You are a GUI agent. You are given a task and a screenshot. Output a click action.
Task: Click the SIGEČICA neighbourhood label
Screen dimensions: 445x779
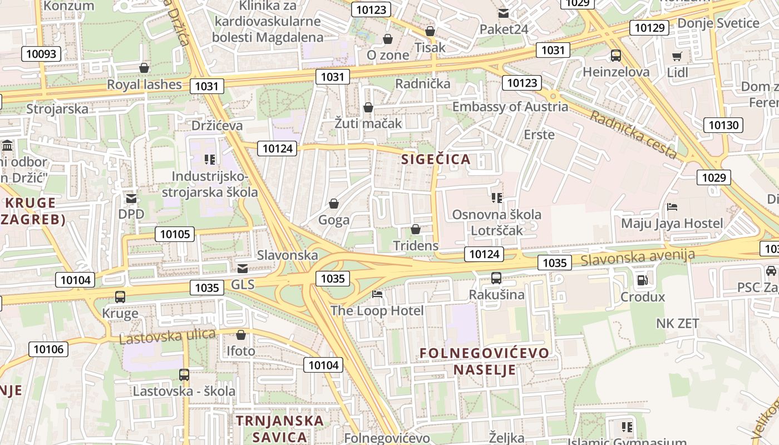[x=436, y=160]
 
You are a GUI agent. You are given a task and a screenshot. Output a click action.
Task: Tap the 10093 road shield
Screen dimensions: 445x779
[x=41, y=53]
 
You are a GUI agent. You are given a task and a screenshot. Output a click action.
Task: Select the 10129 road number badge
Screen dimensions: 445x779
[x=649, y=28]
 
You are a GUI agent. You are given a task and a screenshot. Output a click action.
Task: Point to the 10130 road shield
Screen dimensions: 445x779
[x=723, y=125]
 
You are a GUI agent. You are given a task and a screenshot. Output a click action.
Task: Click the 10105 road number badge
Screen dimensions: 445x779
[x=175, y=234]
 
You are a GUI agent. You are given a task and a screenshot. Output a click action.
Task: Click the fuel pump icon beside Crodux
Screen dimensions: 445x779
[x=642, y=280]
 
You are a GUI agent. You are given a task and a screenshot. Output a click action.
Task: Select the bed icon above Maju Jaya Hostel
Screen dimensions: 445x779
[x=672, y=207]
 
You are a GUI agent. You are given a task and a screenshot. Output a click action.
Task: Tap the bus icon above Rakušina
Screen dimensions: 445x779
[x=496, y=278]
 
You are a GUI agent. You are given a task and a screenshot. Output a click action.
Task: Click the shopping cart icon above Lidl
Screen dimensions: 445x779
[x=677, y=56]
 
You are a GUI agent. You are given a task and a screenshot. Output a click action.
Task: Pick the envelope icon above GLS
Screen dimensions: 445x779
[x=243, y=269]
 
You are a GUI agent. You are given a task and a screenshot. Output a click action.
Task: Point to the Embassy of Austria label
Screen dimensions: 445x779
[x=510, y=107]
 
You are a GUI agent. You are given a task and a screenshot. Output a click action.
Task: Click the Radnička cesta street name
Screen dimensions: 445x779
[x=633, y=134]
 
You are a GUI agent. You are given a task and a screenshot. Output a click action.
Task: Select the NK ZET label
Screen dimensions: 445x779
[x=677, y=323]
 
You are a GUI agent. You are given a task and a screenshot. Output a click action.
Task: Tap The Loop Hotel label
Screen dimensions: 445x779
[x=377, y=310]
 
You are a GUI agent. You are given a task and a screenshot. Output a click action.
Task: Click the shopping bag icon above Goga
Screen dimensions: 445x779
[x=334, y=204]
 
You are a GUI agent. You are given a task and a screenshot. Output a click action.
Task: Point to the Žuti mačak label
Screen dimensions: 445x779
[x=368, y=123]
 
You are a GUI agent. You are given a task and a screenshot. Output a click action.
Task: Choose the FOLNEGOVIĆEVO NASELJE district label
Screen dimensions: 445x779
[x=484, y=361]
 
